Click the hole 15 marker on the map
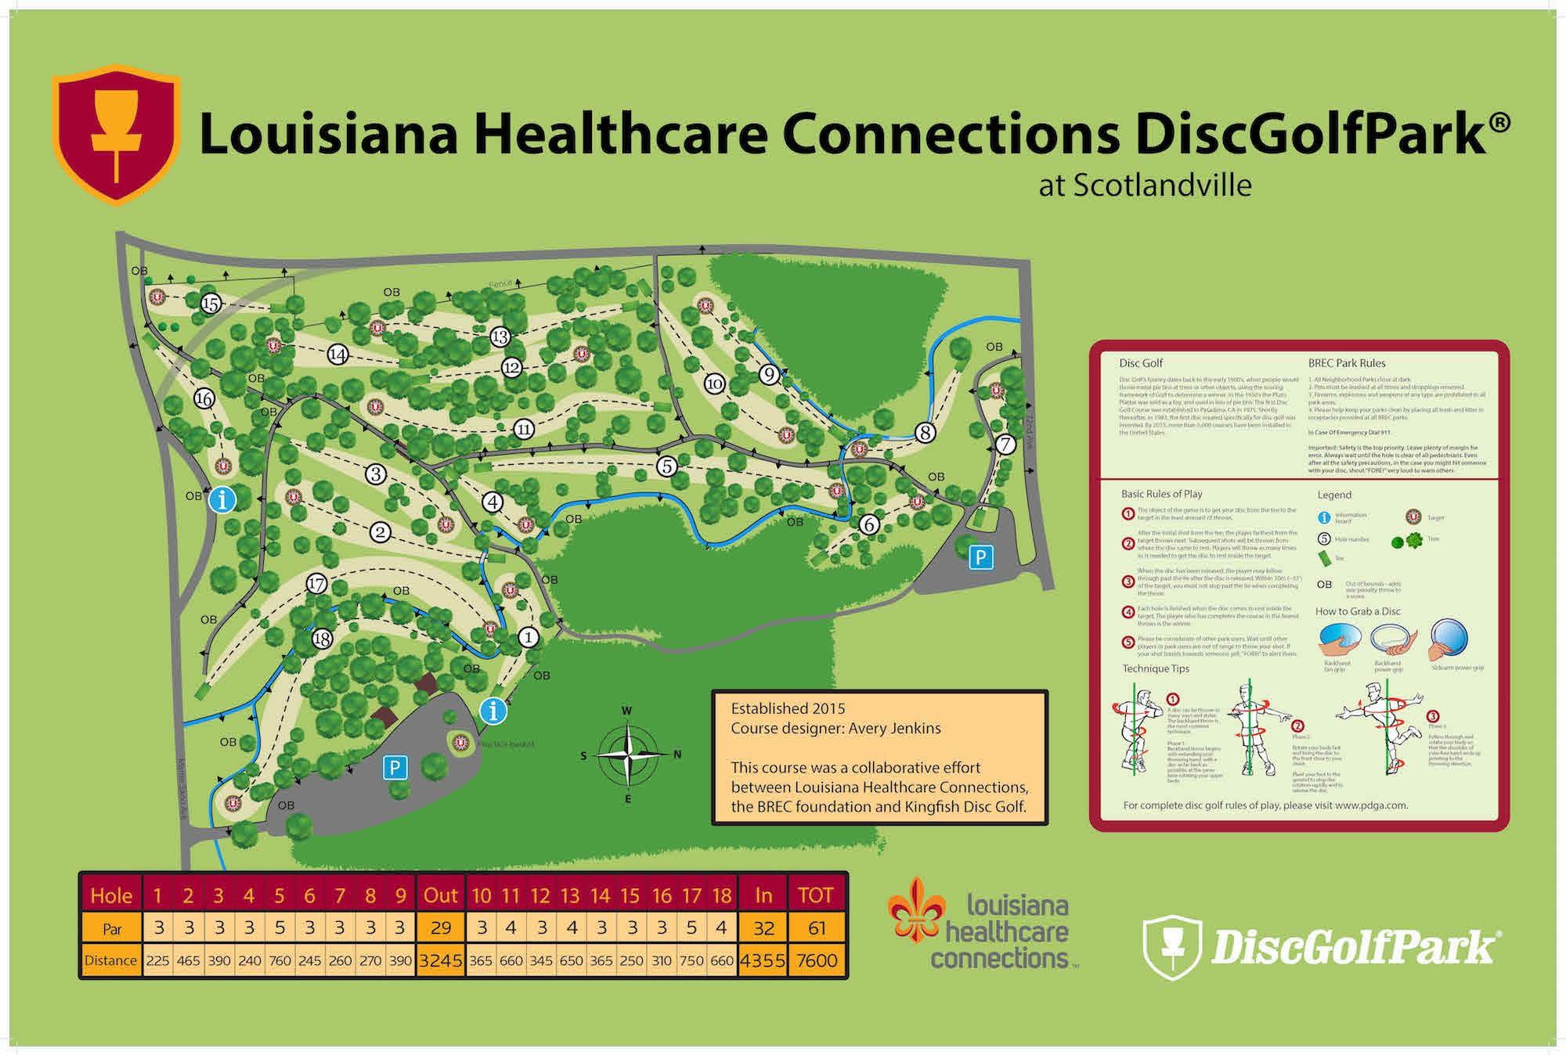point(210,304)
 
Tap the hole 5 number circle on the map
point(666,466)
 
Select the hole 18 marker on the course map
point(322,639)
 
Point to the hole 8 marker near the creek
point(926,432)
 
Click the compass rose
point(629,755)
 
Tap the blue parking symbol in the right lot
point(980,557)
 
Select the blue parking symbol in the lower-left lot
point(395,768)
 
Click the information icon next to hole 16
point(222,499)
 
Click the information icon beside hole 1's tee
point(493,711)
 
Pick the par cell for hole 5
point(280,928)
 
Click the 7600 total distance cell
point(817,960)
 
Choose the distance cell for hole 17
point(691,960)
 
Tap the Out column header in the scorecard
point(441,895)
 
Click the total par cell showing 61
point(817,928)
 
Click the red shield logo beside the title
point(117,133)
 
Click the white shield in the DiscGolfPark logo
point(1172,947)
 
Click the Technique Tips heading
point(1156,668)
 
